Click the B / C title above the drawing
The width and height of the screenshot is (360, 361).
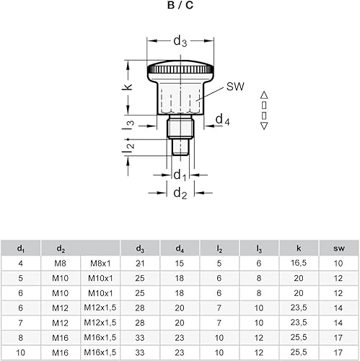tap(180, 5)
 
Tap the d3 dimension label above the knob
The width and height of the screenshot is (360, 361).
tap(180, 41)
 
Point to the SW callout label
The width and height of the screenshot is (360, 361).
tap(235, 87)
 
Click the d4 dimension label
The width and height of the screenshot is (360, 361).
tap(223, 119)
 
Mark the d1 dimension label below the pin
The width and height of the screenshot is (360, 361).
tap(180, 175)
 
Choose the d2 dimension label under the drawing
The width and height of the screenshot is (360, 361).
tap(180, 193)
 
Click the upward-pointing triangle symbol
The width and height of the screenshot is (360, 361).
tap(264, 95)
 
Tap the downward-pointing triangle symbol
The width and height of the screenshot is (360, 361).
tap(264, 126)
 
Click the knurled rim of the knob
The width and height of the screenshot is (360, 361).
tap(180, 69)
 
